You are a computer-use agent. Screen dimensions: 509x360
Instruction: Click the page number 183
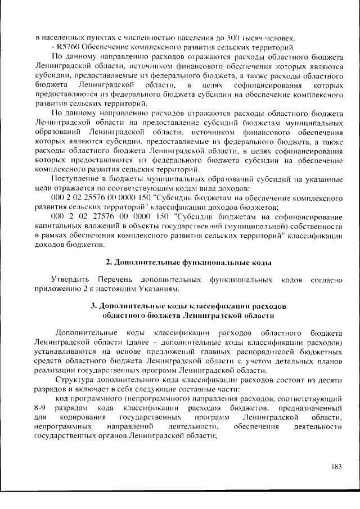pyautogui.click(x=336, y=466)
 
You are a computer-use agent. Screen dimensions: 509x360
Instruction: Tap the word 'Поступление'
pyautogui.click(x=75, y=178)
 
